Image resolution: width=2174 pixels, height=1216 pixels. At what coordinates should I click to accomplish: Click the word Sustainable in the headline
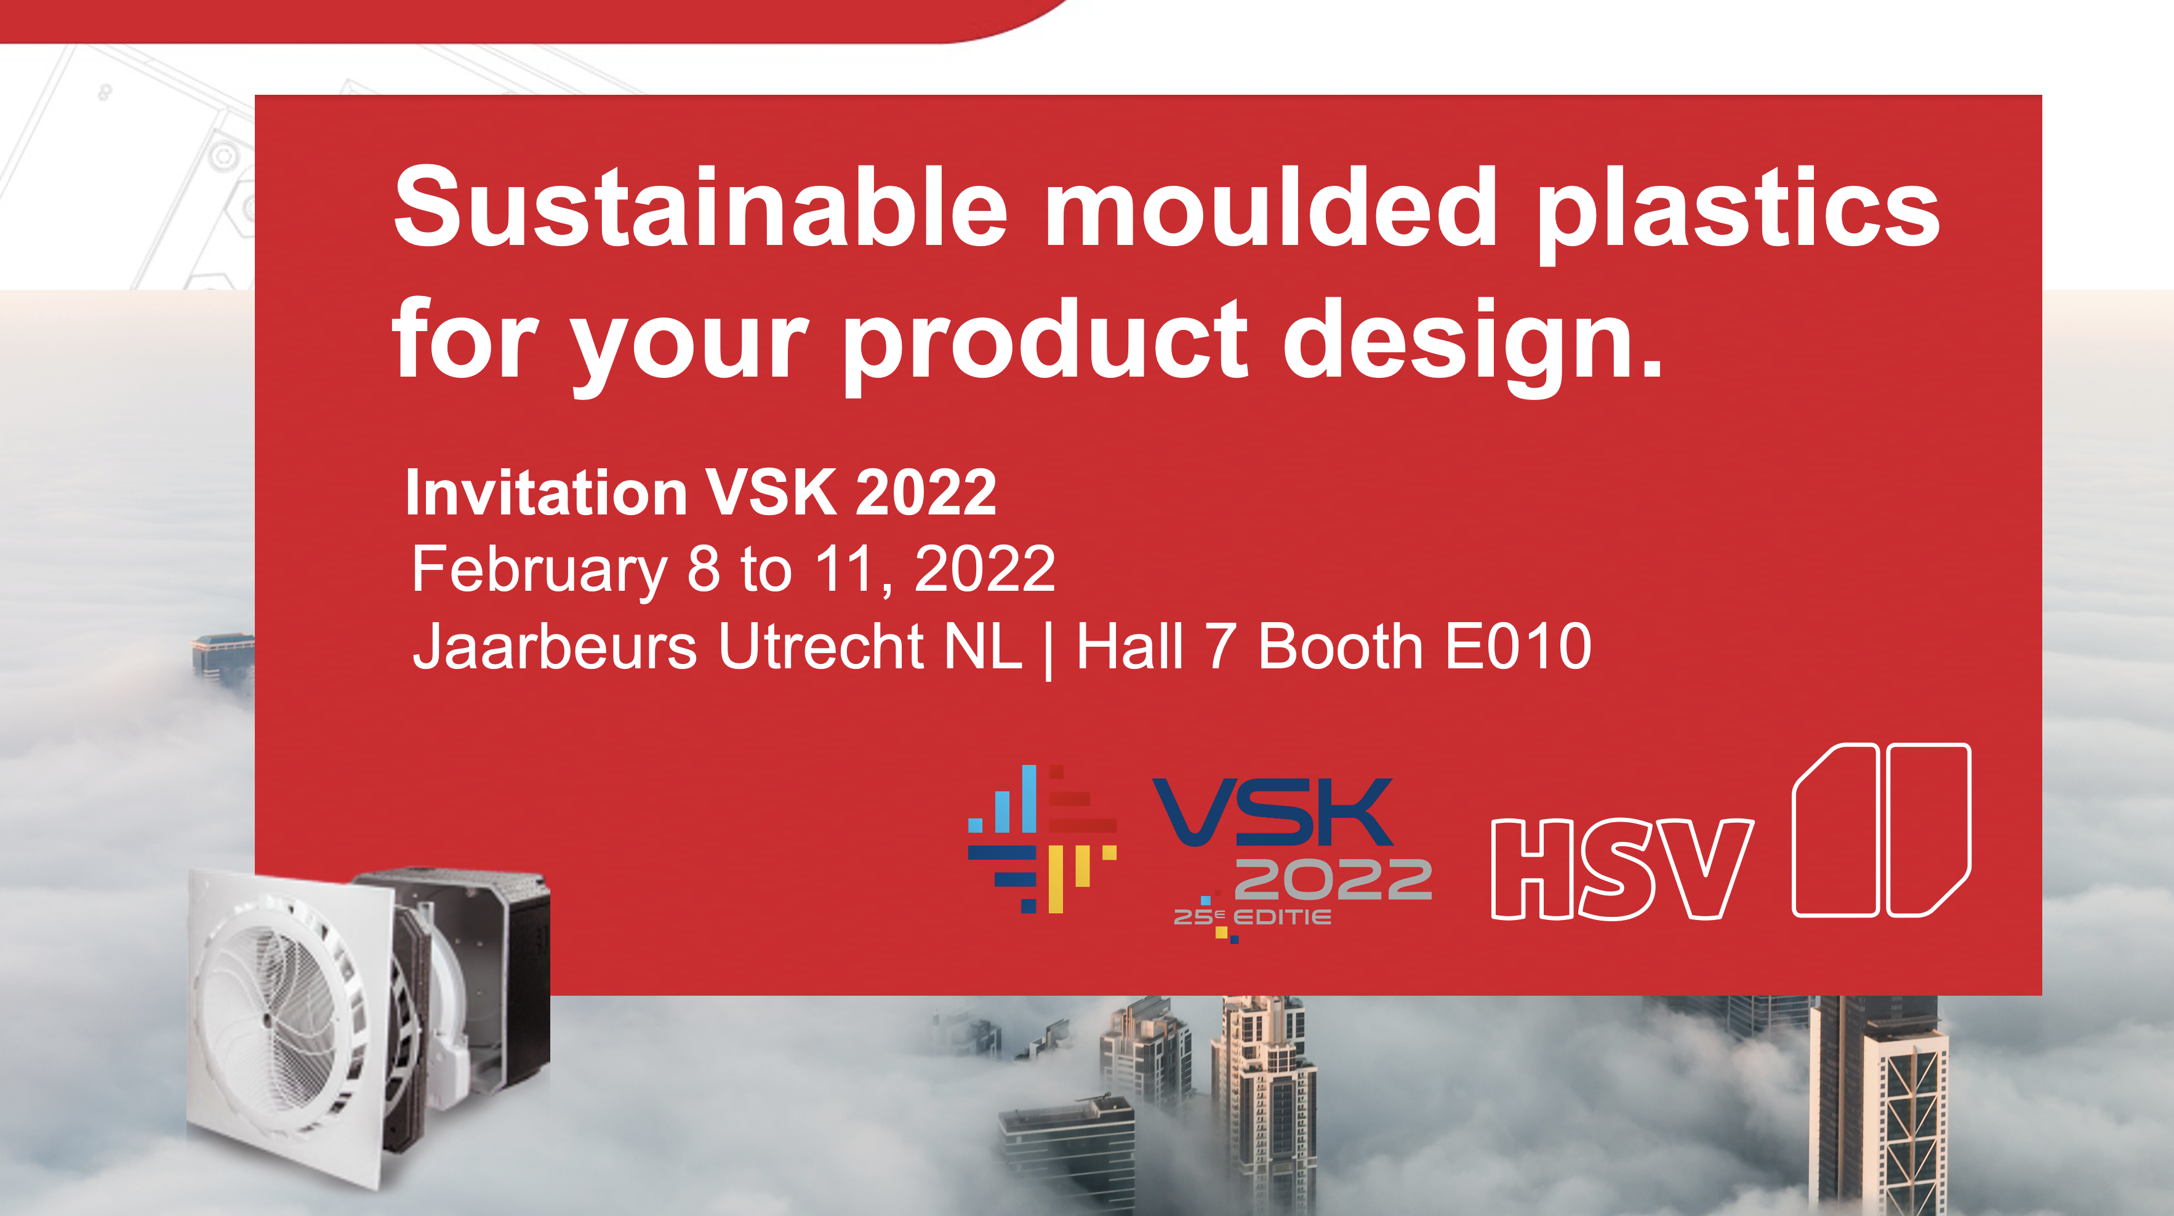click(701, 207)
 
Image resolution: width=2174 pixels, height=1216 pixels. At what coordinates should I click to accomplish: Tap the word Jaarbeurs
click(555, 646)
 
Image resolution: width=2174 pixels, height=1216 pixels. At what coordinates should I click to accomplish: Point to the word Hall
click(1129, 646)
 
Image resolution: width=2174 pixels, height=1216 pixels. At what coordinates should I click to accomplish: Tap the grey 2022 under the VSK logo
click(1333, 879)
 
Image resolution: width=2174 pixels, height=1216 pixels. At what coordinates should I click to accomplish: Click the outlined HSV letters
click(1621, 869)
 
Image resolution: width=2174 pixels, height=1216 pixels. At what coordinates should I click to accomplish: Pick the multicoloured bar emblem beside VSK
click(1042, 839)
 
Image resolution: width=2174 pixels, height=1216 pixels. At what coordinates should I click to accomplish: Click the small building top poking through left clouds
click(223, 654)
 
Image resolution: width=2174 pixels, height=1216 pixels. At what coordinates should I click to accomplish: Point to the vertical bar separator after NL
click(1048, 650)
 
